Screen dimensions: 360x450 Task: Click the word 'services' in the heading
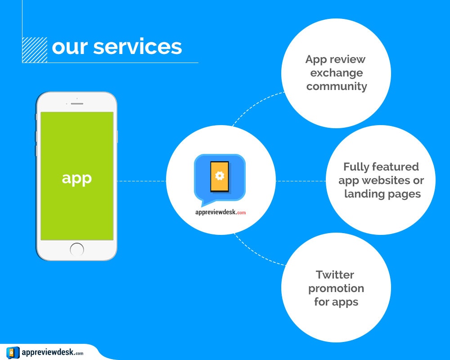(x=137, y=47)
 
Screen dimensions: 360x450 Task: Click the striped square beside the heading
(x=35, y=50)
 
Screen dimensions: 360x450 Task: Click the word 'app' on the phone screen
(x=76, y=178)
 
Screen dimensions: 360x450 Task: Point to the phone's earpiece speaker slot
(x=77, y=103)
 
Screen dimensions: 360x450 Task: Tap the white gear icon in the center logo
(x=220, y=175)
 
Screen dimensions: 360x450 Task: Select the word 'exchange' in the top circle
(x=337, y=73)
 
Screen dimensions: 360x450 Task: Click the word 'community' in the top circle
(x=337, y=86)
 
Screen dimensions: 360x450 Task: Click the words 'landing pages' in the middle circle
(x=382, y=194)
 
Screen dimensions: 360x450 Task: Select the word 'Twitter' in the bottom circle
(x=335, y=274)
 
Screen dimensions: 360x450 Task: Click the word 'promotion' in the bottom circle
(x=336, y=288)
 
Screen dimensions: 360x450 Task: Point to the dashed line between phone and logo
(x=142, y=181)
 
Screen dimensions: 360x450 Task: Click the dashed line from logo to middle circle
(x=301, y=181)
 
